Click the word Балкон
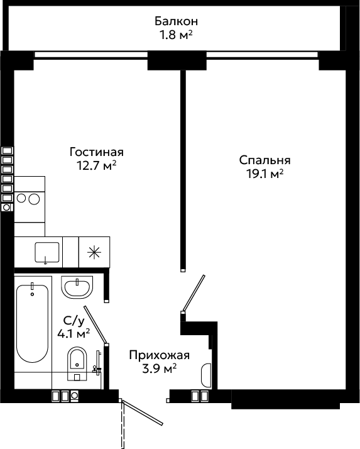coord(176,21)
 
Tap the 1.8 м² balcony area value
coord(176,35)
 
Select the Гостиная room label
coord(96,152)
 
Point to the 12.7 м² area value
coord(96,165)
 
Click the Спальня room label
coord(265,160)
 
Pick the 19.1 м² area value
coord(265,174)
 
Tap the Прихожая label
coord(159,355)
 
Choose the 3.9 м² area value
coord(159,369)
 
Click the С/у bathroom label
coord(74,321)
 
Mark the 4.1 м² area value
coord(74,333)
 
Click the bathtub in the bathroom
coord(32,324)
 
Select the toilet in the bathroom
coord(77,363)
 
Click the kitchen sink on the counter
coord(47,252)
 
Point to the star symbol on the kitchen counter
coord(94,252)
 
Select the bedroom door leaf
coord(194,293)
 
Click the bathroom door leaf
coord(95,324)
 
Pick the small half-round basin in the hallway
coord(206,375)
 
